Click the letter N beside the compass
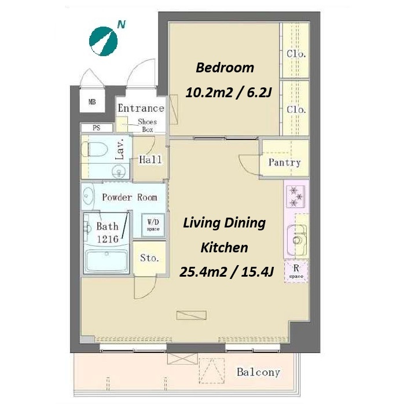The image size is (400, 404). [x=121, y=25]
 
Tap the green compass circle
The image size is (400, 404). [x=104, y=41]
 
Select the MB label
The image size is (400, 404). [x=92, y=102]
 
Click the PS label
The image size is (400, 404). [x=97, y=127]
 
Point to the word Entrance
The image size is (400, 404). [x=141, y=108]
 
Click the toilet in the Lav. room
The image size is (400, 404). [x=94, y=149]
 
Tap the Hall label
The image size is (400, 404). [x=151, y=160]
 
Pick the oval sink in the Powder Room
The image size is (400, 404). [x=88, y=196]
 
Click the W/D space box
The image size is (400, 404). [x=153, y=225]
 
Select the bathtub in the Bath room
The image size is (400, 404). [x=107, y=260]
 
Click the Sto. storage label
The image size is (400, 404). [x=149, y=258]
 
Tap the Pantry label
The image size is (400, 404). [x=285, y=162]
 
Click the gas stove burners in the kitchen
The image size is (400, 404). [x=295, y=196]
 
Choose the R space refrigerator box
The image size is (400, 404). [x=296, y=272]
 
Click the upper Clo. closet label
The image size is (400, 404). [x=296, y=54]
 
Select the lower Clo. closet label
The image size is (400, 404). [x=296, y=109]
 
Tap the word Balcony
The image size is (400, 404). [x=258, y=372]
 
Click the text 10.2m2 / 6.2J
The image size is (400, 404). [x=228, y=92]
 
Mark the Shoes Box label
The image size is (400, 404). [x=148, y=126]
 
